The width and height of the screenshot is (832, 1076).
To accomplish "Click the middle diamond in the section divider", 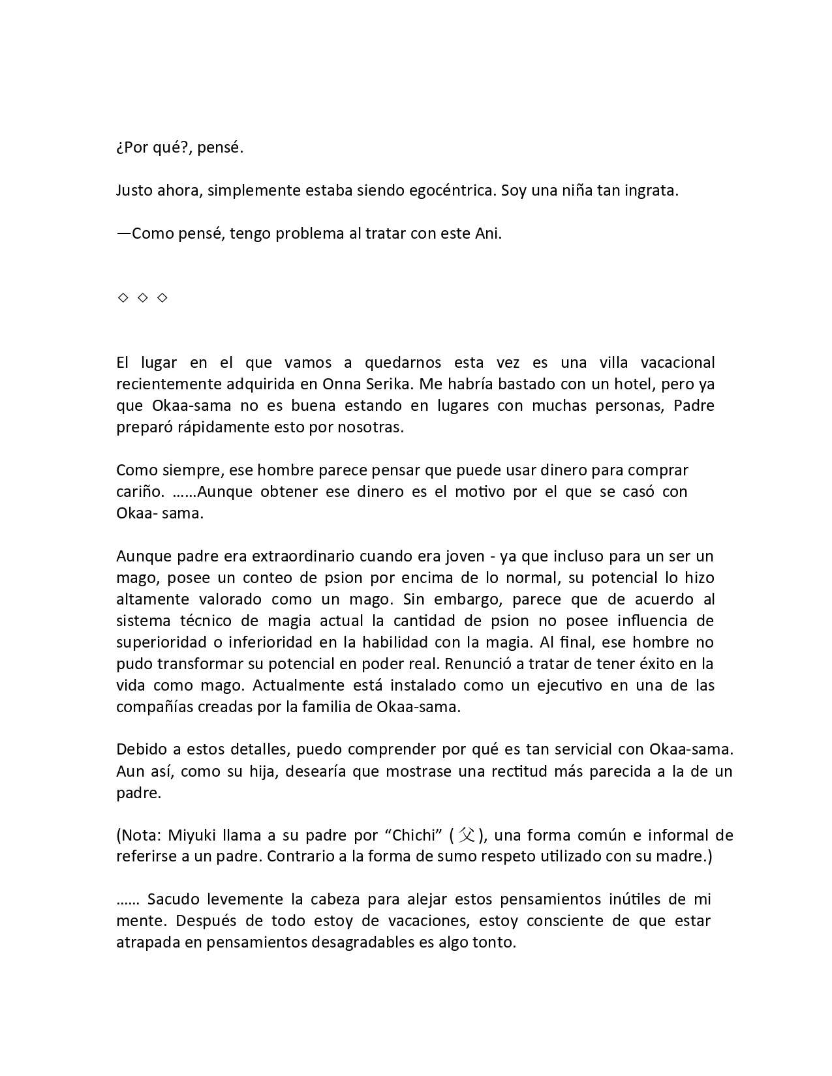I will click(142, 298).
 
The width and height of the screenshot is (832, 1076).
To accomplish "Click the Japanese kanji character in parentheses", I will click(467, 835).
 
